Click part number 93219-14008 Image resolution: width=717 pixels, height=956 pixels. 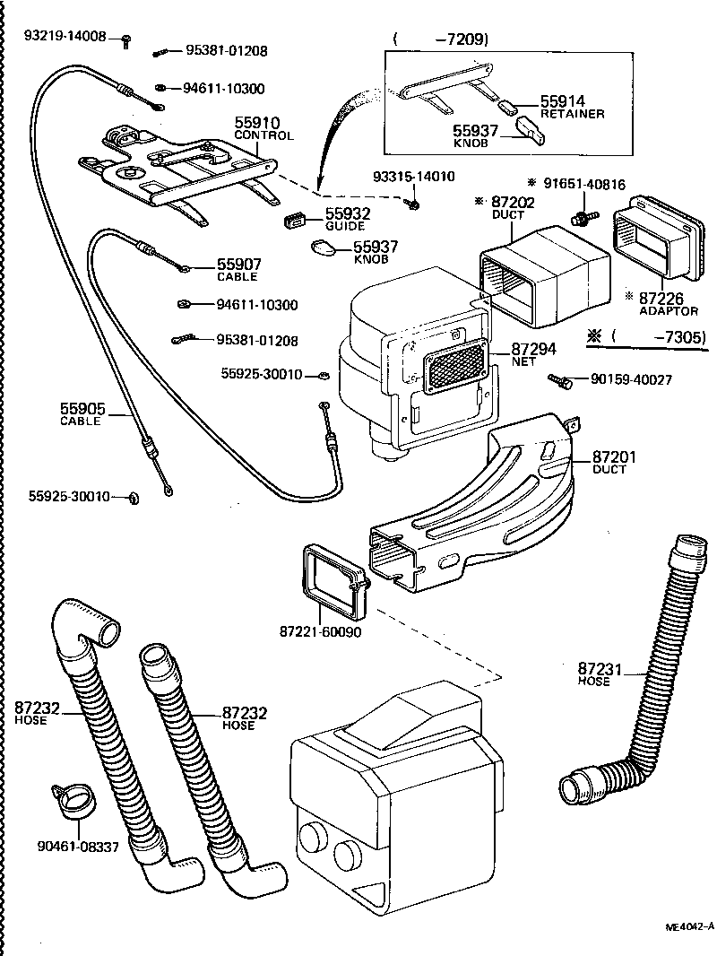[65, 37]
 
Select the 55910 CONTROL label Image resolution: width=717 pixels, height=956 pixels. [263, 128]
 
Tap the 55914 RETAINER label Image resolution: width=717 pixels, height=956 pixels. [572, 108]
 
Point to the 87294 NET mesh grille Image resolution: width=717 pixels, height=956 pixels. [454, 369]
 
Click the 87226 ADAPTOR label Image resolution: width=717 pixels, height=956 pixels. [669, 303]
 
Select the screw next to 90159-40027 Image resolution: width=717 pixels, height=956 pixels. [563, 381]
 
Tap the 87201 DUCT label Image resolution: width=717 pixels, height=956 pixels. [614, 463]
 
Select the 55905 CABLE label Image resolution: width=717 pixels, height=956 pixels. [82, 414]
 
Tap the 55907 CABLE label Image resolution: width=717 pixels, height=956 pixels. [238, 270]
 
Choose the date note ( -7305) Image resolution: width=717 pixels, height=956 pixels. [648, 337]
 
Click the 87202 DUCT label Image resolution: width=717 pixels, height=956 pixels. [514, 208]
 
